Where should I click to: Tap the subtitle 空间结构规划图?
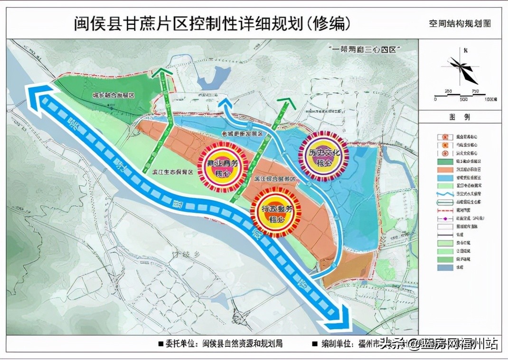click(x=457, y=23)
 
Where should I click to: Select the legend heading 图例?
click(x=459, y=116)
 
